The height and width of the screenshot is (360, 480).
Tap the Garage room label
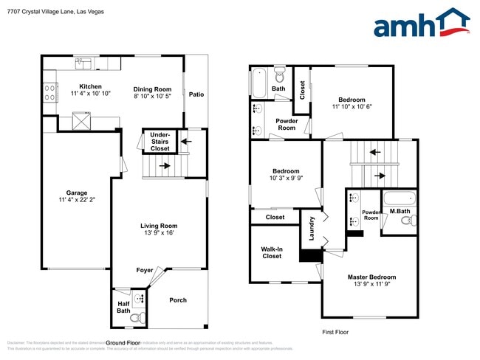(x=76, y=193)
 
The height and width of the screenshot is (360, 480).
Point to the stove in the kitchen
(x=50, y=93)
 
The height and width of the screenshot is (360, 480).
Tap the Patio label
(x=196, y=94)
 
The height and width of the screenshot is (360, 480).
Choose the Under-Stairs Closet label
(x=160, y=142)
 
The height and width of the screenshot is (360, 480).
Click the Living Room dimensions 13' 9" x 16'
(x=159, y=233)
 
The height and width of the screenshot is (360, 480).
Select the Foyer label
(x=145, y=270)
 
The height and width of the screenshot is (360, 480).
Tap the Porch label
(x=178, y=300)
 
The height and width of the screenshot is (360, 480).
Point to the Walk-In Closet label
(x=272, y=253)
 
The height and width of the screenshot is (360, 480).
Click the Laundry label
(x=312, y=228)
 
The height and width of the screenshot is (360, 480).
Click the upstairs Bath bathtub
(x=259, y=83)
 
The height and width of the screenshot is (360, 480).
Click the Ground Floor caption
(x=123, y=343)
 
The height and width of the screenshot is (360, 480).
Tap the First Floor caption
(x=335, y=332)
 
